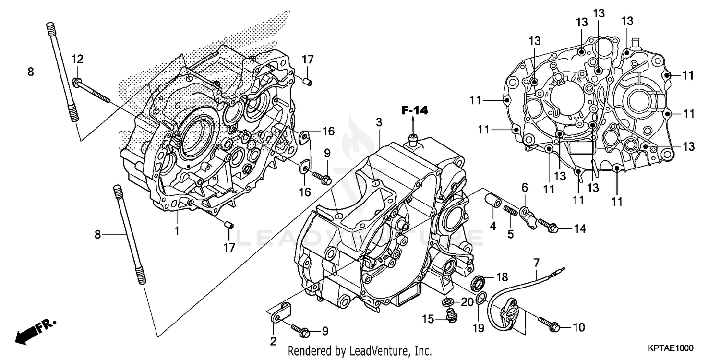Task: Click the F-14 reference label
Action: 414,111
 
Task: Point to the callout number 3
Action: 379,122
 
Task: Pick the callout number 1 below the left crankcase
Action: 177,230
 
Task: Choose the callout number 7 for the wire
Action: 536,262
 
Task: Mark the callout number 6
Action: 525,186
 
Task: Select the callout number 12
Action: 77,59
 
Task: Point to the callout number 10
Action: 578,327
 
